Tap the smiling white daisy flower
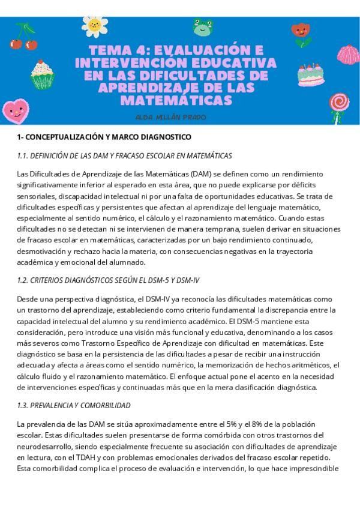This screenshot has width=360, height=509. pyautogui.click(x=94, y=25)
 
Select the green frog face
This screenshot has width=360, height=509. pyautogui.click(x=202, y=27)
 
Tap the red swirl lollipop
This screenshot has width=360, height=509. pyautogui.click(x=341, y=103)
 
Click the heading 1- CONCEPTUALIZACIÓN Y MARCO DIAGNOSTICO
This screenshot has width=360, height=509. pyautogui.click(x=104, y=137)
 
